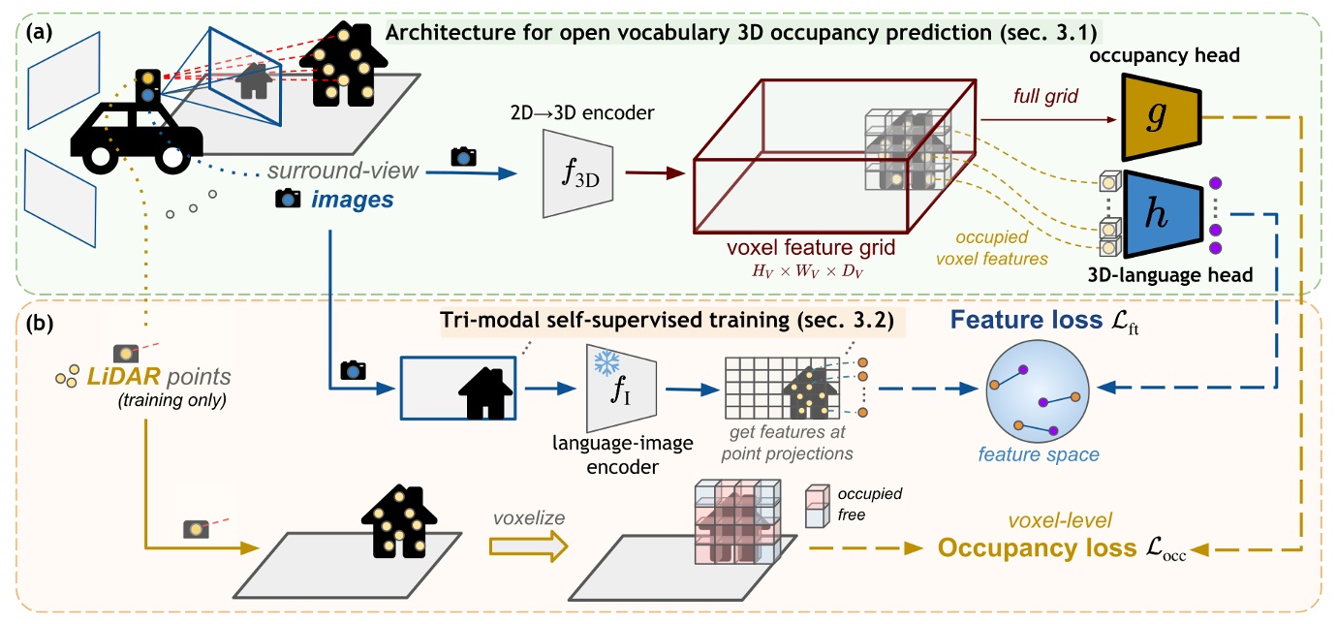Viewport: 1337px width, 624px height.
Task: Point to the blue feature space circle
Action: pos(1040,399)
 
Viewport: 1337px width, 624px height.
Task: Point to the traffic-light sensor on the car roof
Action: pos(147,85)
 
